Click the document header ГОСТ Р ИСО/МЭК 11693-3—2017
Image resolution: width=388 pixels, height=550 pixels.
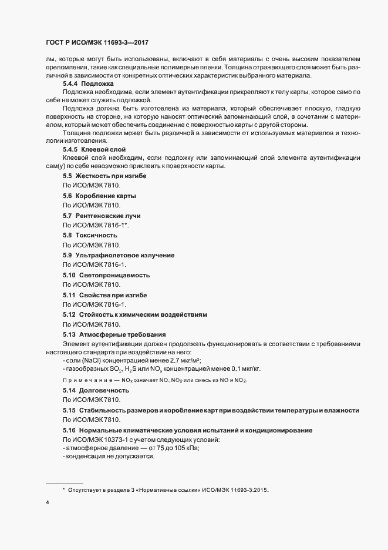(x=100, y=43)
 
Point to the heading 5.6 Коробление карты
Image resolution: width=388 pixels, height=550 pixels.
(x=100, y=196)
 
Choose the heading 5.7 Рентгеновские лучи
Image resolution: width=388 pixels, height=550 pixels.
(x=102, y=216)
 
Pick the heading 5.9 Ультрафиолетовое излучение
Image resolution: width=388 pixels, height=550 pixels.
(x=119, y=255)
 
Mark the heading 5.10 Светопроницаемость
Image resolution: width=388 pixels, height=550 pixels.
(x=106, y=275)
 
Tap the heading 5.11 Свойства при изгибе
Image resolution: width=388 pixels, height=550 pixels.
(x=104, y=294)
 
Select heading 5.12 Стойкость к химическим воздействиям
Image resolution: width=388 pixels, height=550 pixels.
(x=135, y=314)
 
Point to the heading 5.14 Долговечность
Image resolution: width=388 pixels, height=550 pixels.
(x=96, y=390)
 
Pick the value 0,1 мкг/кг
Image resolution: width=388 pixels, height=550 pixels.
(x=244, y=369)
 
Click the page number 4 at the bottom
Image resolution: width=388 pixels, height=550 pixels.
(x=47, y=502)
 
